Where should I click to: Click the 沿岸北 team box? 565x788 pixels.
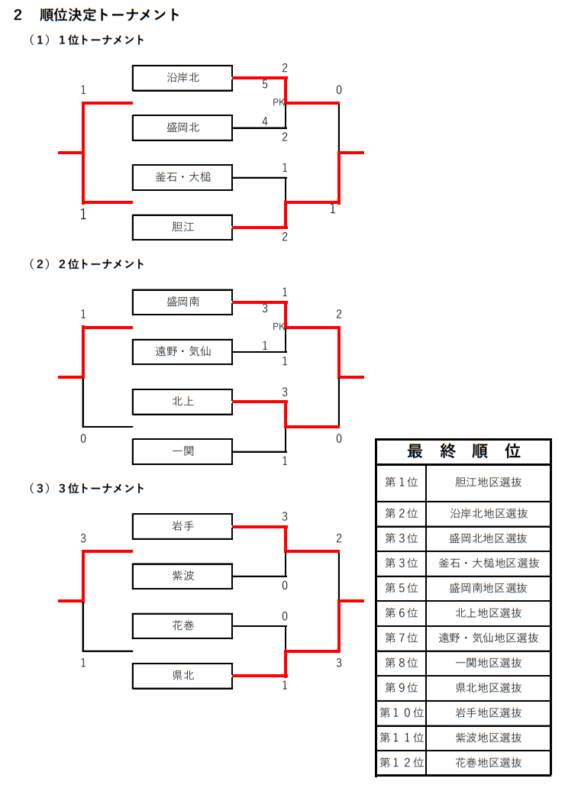click(182, 77)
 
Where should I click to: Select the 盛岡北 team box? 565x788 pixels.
click(182, 128)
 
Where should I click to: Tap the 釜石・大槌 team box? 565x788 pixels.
click(182, 177)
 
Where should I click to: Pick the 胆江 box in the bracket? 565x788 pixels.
click(182, 227)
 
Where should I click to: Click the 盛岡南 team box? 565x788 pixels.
click(182, 302)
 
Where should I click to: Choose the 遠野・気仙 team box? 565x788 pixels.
click(182, 351)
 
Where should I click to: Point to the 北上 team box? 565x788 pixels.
click(182, 401)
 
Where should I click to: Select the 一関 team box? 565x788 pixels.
click(182, 451)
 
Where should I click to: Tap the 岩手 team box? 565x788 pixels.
click(182, 525)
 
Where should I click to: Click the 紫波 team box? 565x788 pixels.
click(182, 575)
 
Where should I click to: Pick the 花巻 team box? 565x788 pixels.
click(182, 625)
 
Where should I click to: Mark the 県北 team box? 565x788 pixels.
click(182, 675)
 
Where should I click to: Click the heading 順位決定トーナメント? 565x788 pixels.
click(110, 15)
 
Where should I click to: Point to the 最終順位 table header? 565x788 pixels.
click(463, 451)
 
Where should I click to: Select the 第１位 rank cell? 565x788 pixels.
click(402, 482)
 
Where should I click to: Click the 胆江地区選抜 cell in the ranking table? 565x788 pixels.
click(489, 482)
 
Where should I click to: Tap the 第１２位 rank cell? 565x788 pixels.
click(402, 762)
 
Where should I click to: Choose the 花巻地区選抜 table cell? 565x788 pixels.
click(489, 762)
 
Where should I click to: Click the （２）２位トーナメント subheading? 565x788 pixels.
click(87, 264)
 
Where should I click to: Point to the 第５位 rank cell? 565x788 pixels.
click(402, 588)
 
